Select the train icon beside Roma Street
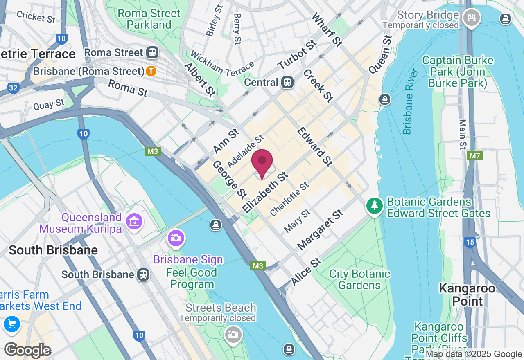(152, 52)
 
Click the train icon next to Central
(287, 82)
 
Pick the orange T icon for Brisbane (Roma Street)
(151, 71)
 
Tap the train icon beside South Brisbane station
(143, 274)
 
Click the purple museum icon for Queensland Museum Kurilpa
(134, 221)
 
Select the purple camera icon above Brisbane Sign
(176, 238)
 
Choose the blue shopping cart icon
(11, 324)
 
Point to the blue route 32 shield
(13, 88)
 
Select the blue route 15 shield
(470, 243)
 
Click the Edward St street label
(314, 146)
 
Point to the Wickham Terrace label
(222, 63)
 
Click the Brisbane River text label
(411, 102)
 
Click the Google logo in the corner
(27, 350)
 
